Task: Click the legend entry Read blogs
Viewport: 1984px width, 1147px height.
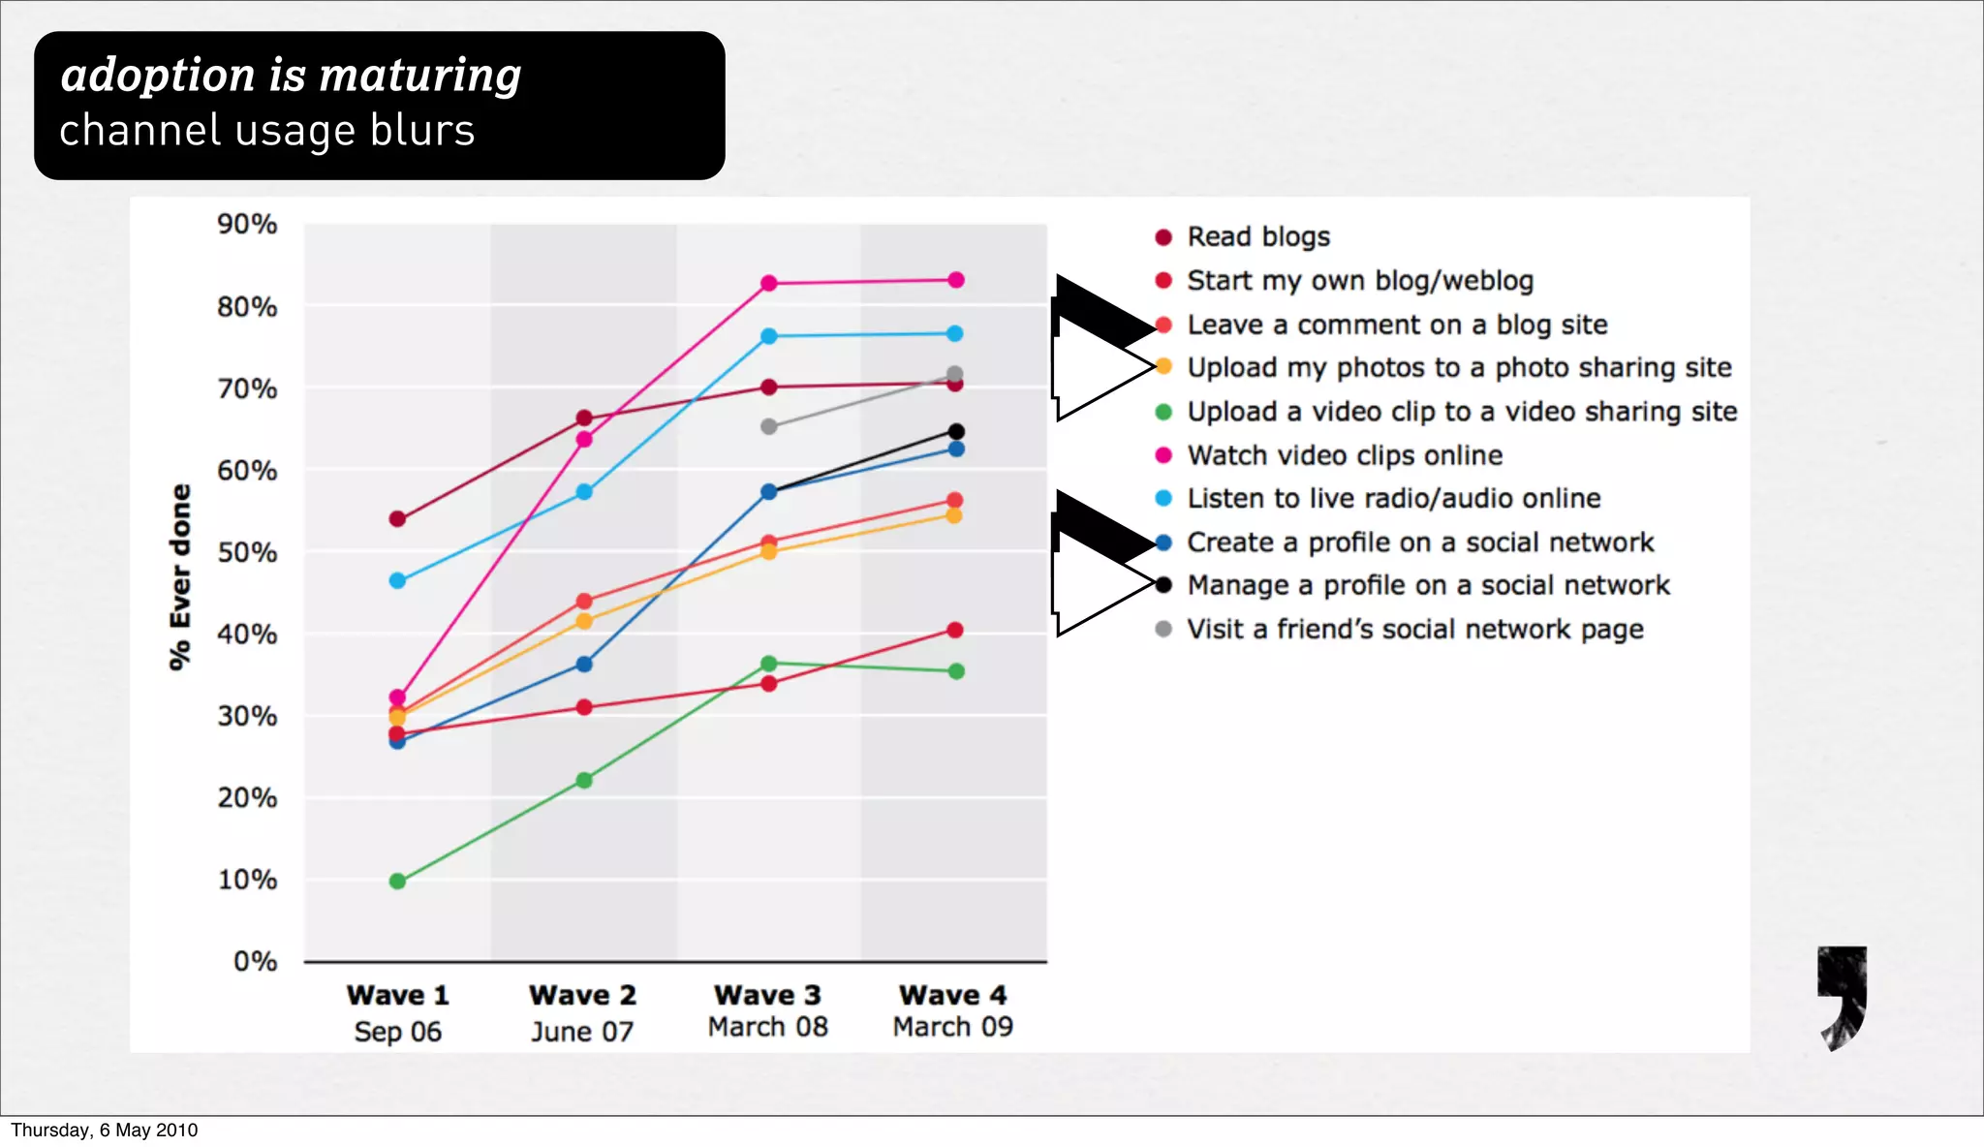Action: pos(1257,236)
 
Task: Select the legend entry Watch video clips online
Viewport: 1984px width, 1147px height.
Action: pos(1345,455)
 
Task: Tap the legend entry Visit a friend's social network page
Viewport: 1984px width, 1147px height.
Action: pos(1414,630)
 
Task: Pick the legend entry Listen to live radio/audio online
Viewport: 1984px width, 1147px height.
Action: pos(1393,499)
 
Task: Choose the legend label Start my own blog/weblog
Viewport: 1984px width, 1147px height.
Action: pos(1360,281)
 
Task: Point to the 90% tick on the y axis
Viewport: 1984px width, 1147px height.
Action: pos(247,225)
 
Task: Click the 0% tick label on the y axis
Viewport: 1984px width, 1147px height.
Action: pos(255,962)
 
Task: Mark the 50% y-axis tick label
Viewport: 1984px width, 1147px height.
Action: pos(247,553)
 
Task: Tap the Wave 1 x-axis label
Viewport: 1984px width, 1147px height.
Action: pos(397,995)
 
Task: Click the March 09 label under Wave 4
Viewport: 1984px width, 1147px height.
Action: pos(953,1027)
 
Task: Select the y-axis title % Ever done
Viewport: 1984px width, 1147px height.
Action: pos(180,577)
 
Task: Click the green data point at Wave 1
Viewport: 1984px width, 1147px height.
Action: pos(397,882)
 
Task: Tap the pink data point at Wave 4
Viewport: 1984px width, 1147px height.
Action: pos(955,280)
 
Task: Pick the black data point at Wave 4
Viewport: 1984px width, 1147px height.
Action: pos(955,432)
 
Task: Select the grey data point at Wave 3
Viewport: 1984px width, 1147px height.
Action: pos(769,426)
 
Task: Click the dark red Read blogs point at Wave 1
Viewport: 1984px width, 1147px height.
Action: pos(397,519)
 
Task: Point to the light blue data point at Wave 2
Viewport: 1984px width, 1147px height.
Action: pos(584,492)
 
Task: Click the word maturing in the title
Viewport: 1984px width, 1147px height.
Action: pos(420,76)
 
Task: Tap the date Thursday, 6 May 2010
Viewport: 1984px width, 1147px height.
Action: pos(104,1131)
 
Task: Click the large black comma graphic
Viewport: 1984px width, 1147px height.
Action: pos(1842,998)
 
